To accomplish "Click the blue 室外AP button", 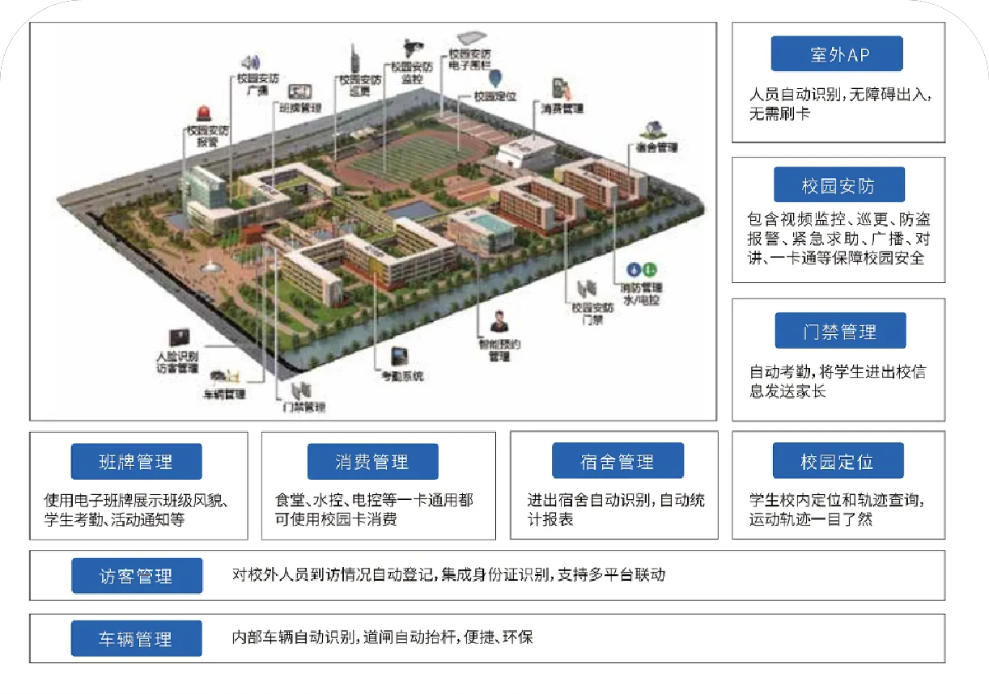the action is tap(837, 54).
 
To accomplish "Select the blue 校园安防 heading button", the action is tap(838, 185).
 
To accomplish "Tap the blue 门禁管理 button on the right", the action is tap(839, 332).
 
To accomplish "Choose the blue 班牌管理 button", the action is tap(135, 462).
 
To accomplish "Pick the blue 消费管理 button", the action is tap(372, 462).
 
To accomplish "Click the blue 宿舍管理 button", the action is tap(617, 462).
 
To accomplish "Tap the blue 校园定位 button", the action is tap(837, 462).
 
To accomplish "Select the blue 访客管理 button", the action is tap(135, 576).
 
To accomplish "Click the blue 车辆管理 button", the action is tap(135, 639).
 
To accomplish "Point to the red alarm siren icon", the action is tap(203, 113).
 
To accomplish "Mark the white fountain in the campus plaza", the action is tap(211, 264).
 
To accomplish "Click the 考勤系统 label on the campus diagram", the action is tap(403, 376).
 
